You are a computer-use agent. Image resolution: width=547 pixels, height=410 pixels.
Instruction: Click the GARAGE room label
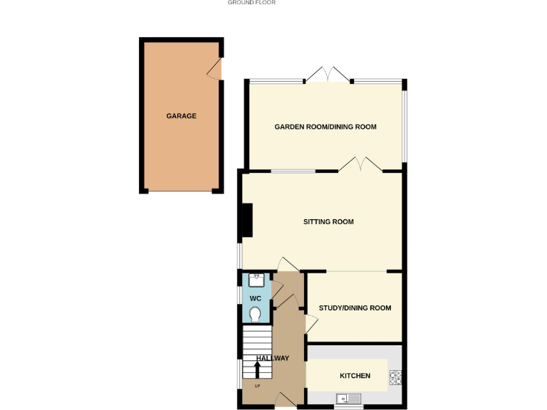point(182,116)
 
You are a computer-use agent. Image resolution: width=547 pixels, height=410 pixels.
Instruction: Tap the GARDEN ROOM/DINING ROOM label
point(325,127)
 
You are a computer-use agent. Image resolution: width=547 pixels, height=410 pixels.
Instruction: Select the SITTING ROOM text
point(328,222)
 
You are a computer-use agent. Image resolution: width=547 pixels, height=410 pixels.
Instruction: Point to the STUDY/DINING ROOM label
point(355,308)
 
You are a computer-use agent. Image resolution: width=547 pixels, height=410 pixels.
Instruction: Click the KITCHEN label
point(355,376)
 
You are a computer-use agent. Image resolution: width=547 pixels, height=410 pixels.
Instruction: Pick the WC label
point(256,298)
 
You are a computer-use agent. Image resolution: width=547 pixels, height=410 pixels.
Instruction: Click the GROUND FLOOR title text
point(251,3)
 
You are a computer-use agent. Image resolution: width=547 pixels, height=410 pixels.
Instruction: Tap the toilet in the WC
point(256,313)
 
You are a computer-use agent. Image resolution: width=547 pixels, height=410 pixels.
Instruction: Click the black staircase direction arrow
point(257,369)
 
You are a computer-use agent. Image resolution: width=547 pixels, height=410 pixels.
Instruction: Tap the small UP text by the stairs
point(257,386)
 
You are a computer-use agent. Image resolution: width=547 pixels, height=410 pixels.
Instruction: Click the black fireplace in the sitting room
point(247,220)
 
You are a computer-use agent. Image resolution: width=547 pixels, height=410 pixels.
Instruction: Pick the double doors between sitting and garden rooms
point(360,165)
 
